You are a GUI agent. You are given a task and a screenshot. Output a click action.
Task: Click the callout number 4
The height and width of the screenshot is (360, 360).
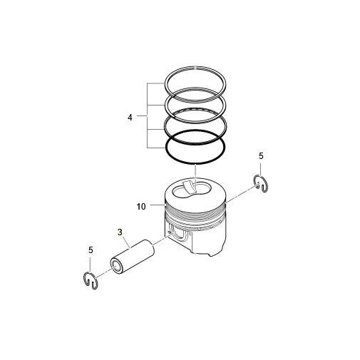130,115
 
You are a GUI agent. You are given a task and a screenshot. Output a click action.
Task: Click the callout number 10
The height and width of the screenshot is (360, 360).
141,207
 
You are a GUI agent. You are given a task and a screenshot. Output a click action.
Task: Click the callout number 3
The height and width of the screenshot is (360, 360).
120,232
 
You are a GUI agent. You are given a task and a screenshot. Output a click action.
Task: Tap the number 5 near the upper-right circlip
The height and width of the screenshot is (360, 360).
261,155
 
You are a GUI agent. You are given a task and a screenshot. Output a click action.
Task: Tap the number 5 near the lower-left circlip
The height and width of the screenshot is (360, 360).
91,250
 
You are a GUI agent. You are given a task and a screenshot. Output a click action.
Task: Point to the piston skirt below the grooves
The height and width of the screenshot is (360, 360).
214,242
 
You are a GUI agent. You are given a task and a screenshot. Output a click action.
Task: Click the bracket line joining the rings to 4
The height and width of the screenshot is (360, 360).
148,115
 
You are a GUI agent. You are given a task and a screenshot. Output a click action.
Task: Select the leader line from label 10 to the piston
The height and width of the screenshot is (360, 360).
156,207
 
